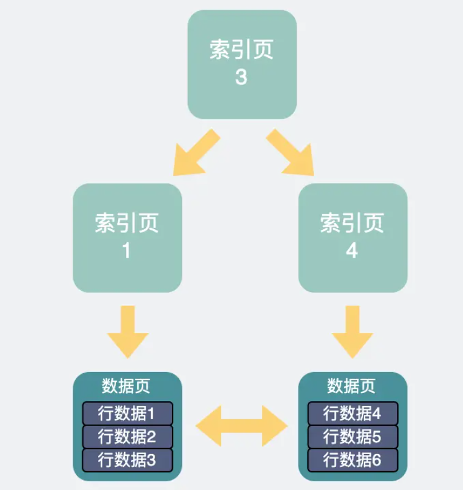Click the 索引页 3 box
242,64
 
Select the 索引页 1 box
127,238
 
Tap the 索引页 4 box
353,238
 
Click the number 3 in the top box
241,78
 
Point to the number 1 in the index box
127,251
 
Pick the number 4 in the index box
352,251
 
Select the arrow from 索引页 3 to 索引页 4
290,153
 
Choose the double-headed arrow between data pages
241,426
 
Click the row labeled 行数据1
127,413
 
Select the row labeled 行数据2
127,437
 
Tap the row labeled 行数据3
127,460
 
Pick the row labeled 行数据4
353,413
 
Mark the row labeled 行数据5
353,437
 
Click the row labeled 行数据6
353,460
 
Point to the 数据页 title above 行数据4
351,386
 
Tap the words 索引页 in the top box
241,50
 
